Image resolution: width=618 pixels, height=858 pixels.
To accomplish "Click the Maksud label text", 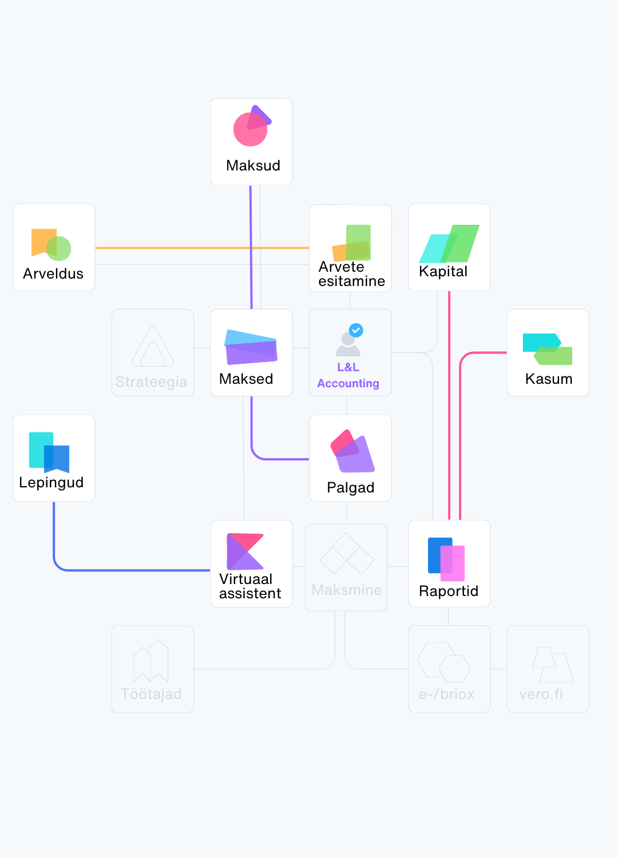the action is coord(253,165).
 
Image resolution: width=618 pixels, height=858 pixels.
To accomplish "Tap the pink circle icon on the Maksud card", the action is coord(250,129).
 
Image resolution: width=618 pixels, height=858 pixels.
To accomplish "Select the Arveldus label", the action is coord(53,273).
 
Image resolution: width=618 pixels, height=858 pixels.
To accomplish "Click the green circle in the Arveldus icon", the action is coord(58,248).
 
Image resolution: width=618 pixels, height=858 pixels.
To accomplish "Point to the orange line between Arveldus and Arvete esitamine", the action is coord(202,248).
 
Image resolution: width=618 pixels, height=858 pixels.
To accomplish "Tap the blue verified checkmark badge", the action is coord(356,330).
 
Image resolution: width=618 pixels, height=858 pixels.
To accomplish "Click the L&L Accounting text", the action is coord(348,375).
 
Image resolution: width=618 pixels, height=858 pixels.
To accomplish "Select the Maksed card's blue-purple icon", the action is coord(251,347).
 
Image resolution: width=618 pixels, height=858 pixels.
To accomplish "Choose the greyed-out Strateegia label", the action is coord(151,382).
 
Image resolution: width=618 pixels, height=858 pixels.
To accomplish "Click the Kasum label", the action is coord(549,379).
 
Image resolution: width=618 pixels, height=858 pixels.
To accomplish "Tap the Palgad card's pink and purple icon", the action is coord(352,451).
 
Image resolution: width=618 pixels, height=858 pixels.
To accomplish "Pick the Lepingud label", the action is coord(51,483).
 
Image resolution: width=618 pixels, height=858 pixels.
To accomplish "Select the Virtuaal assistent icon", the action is coord(245,551).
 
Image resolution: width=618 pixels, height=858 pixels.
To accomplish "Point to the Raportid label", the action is coord(449,591).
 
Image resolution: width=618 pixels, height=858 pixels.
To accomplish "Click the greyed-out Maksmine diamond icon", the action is coord(347,553).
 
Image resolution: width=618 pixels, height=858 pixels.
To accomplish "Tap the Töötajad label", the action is coord(151,694).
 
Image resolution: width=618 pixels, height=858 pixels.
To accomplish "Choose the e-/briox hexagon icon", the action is coord(443,662).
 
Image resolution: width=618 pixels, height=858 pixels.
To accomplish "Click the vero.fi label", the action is coord(541,694).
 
